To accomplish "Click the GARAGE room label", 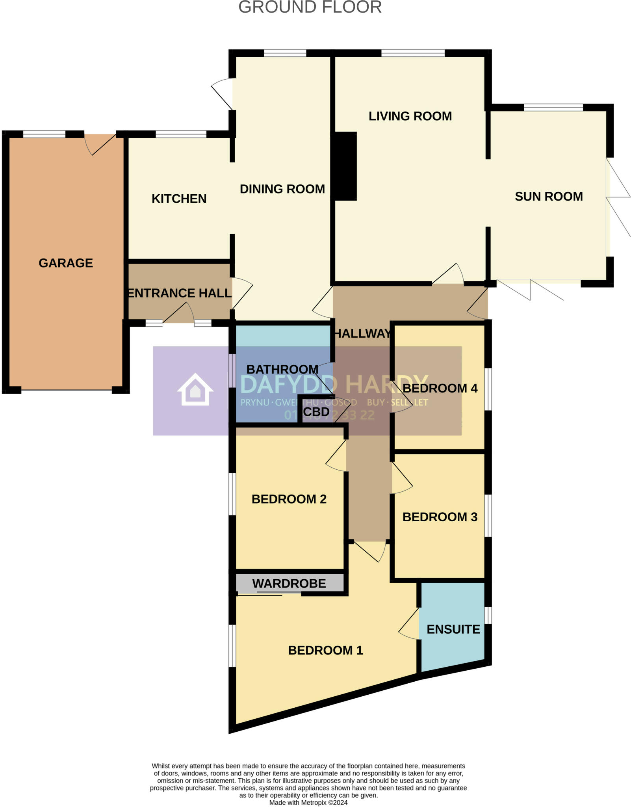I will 66,263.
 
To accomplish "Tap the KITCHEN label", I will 179,199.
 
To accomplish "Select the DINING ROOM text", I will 282,189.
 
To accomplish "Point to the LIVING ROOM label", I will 410,116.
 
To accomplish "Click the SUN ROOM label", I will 549,197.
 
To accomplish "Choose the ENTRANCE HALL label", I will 180,293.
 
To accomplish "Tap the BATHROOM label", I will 282,369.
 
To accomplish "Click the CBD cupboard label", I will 316,412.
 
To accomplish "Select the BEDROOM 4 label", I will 440,388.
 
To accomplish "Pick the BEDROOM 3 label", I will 440,517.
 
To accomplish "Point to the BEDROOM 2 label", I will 289,499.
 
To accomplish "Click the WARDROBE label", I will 289,584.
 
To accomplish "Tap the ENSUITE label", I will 453,629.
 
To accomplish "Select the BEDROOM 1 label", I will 325,650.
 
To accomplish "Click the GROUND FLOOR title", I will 310,7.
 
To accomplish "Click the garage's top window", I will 44,134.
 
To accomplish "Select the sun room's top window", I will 553,107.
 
